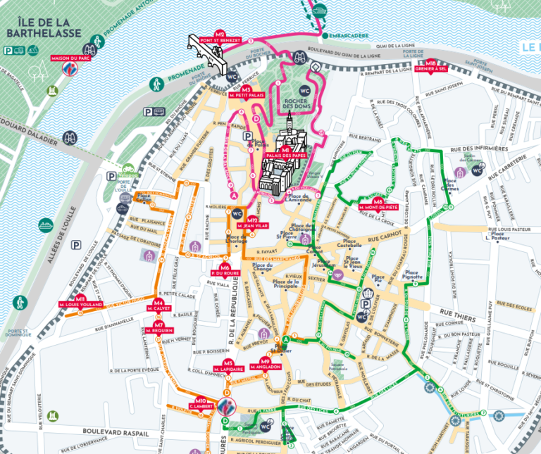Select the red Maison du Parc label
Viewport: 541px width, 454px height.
pyautogui.click(x=69, y=58)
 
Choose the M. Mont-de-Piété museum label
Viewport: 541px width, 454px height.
pyautogui.click(x=378, y=207)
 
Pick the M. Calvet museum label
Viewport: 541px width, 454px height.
pyautogui.click(x=159, y=308)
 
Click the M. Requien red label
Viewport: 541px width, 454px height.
pyautogui.click(x=159, y=329)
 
